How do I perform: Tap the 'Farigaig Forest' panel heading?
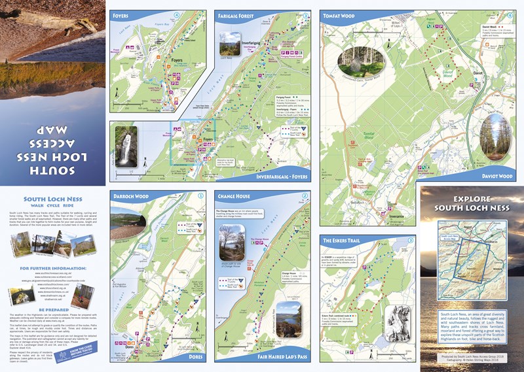pos(237,14)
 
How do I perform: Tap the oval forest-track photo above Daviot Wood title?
pos(496,137)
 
